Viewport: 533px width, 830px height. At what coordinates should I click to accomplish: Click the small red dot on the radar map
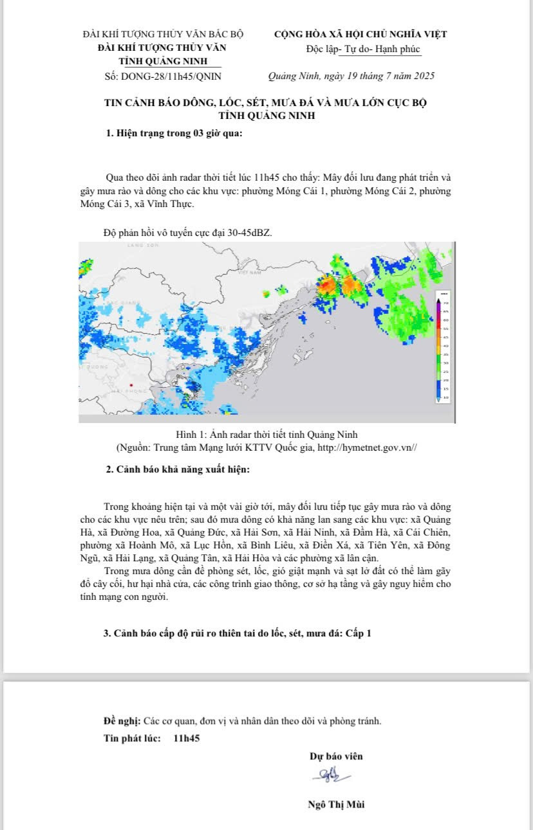pos(131,384)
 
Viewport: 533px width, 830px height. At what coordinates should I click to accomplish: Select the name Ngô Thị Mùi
pos(336,804)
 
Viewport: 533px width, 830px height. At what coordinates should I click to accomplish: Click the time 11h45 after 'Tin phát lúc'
pos(187,738)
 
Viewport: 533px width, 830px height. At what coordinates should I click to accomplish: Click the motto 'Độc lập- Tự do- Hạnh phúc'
pos(364,50)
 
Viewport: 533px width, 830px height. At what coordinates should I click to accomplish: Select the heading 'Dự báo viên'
pos(336,756)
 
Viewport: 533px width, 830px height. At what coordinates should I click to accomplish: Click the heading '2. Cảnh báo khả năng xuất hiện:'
pos(178,469)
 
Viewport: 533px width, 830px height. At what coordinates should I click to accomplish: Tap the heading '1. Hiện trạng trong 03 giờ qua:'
pos(174,134)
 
